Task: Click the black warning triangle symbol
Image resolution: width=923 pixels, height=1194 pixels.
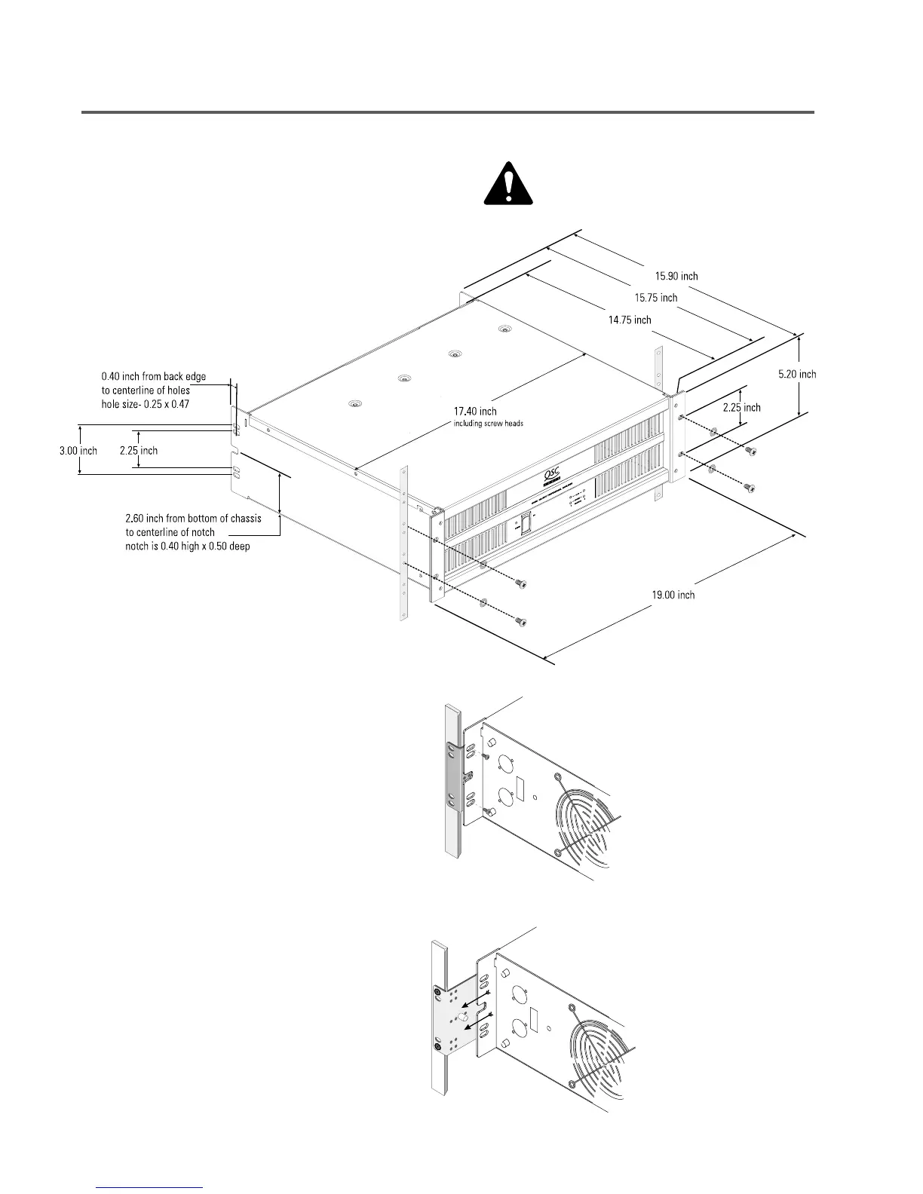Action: pos(508,184)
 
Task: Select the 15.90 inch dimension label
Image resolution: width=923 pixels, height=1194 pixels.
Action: pos(676,276)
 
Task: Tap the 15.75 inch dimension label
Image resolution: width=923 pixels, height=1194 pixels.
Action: pos(655,298)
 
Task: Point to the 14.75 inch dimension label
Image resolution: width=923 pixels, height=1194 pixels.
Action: pos(630,320)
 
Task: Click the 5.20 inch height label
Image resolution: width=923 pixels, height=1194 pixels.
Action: pos(797,374)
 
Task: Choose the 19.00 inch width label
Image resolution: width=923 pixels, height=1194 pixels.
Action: pos(673,595)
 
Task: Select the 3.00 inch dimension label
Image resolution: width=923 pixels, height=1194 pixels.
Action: pos(78,451)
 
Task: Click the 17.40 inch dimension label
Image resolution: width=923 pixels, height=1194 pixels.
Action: pos(475,411)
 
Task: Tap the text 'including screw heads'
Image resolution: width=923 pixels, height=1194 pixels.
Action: pos(488,424)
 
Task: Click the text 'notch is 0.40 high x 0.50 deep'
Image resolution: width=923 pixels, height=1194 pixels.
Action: pos(187,546)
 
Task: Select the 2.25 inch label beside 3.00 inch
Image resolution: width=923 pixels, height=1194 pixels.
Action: pos(139,451)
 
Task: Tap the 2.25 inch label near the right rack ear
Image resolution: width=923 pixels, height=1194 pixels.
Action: pos(741,408)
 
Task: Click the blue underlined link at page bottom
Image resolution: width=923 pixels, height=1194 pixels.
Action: pos(150,1187)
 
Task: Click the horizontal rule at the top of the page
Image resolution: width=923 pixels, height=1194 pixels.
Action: pos(448,112)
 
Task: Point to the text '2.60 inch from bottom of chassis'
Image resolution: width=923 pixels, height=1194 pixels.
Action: pos(193,519)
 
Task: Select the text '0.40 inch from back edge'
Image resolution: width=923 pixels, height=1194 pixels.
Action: pos(154,376)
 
